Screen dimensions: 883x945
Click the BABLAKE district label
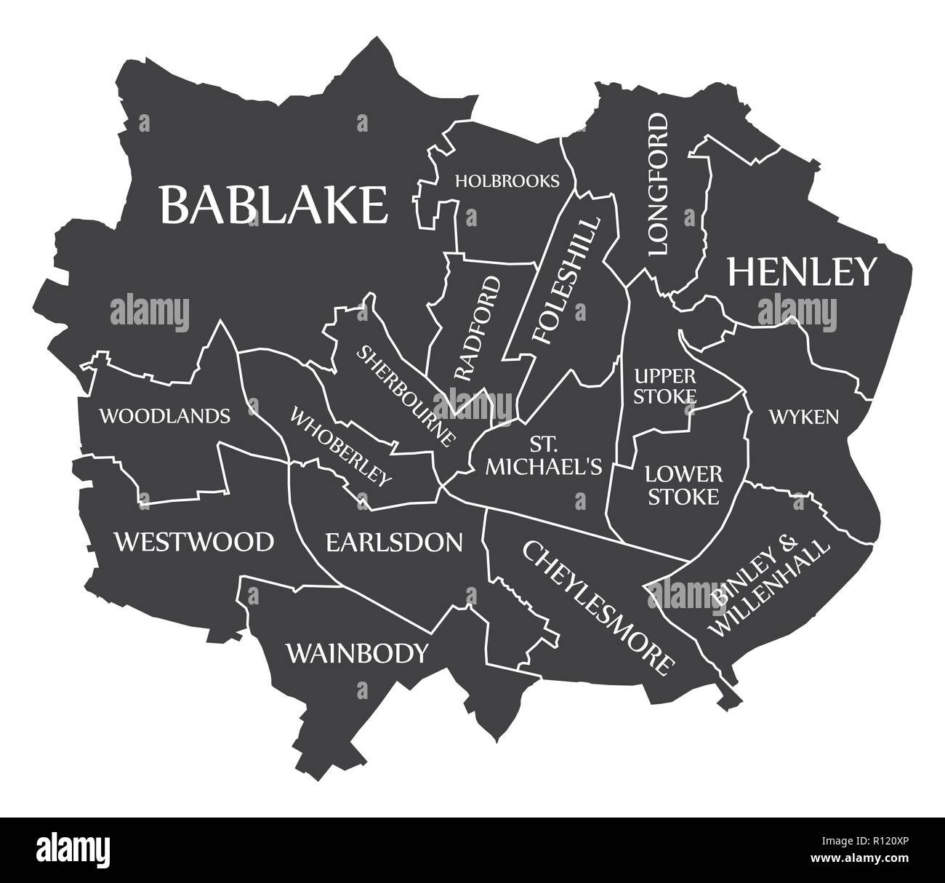(x=273, y=204)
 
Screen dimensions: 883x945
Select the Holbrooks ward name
(x=507, y=180)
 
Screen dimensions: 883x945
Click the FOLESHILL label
(x=568, y=280)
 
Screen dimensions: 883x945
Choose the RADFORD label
(x=478, y=328)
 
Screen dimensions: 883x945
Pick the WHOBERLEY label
(x=341, y=446)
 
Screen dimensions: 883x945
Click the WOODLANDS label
(x=165, y=416)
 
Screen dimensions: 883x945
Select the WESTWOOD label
(x=194, y=542)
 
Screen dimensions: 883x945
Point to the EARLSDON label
(x=393, y=542)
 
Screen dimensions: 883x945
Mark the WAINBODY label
(x=356, y=653)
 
